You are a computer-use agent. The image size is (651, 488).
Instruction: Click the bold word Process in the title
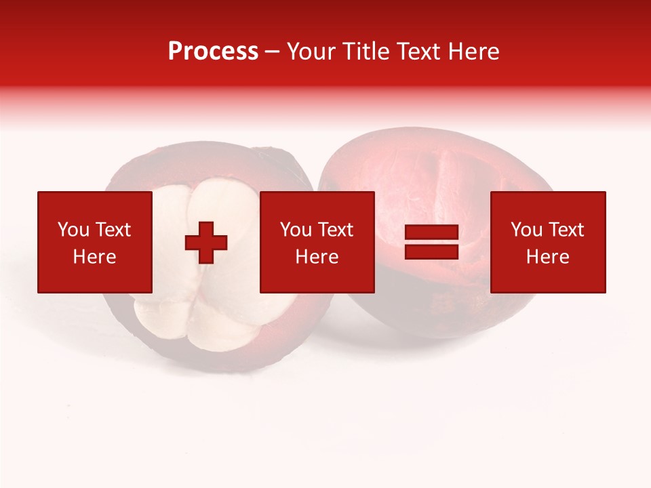(213, 52)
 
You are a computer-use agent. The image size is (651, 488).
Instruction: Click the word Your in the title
(311, 52)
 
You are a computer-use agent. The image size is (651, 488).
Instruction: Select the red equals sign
(431, 242)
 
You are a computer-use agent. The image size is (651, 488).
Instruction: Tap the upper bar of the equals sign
(431, 232)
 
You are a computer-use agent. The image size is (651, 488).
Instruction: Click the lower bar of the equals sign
(431, 251)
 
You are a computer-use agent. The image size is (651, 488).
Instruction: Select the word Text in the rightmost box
(566, 230)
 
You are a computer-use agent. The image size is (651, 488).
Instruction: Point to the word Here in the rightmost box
(548, 257)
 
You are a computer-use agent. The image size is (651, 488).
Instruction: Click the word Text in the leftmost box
(112, 230)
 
